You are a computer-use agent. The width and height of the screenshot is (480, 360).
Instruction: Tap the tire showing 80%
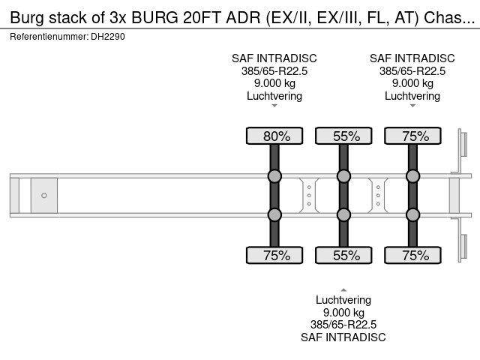coord(274,136)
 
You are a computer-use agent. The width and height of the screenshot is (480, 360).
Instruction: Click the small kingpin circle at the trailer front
coord(44,196)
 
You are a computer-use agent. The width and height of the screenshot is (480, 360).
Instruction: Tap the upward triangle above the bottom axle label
coord(343,289)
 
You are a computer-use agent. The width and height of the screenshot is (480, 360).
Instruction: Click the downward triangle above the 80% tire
coord(274,106)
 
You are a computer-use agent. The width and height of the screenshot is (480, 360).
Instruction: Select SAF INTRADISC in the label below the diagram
coord(343,337)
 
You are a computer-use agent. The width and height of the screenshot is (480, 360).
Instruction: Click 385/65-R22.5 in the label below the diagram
coord(343,325)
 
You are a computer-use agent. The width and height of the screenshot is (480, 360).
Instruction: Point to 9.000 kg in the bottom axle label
coord(343,313)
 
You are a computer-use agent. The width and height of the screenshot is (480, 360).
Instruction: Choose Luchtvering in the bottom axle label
coord(343,300)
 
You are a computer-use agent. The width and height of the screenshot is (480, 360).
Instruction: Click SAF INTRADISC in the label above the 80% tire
coord(274,58)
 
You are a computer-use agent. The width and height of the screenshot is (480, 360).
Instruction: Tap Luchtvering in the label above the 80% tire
coord(274,96)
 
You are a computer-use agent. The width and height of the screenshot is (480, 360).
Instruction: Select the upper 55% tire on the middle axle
coord(343,136)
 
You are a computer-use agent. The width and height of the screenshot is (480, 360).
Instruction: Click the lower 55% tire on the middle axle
coord(343,255)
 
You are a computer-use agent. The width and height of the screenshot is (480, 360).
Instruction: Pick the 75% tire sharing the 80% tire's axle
coord(274,255)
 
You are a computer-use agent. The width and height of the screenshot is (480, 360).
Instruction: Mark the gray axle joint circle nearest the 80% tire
coord(274,176)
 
